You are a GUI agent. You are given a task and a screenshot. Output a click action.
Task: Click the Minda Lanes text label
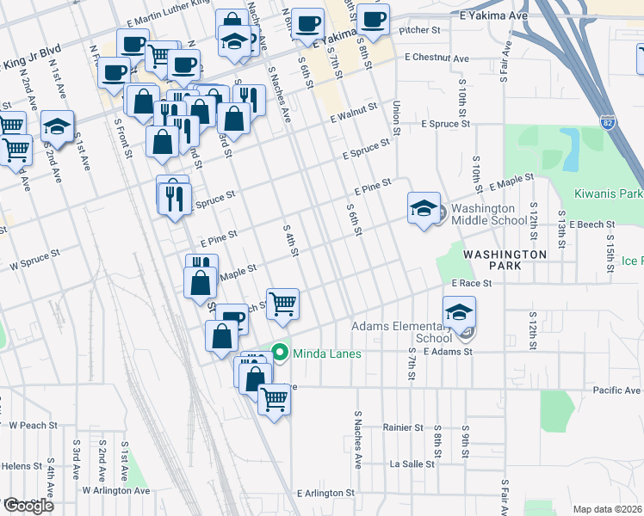[x=327, y=353]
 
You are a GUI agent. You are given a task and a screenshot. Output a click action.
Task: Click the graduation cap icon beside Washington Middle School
[x=424, y=209]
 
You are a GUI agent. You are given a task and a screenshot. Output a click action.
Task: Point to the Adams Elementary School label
[x=401, y=332]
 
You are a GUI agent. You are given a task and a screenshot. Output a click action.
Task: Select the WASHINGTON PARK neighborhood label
[x=505, y=261]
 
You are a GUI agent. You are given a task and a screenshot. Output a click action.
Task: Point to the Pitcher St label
[x=420, y=30]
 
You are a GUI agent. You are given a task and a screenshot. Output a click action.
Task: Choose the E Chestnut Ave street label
[x=437, y=58]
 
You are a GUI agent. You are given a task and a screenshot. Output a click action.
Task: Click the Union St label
[x=397, y=117]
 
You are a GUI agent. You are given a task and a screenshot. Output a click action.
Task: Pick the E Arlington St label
[x=325, y=494]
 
